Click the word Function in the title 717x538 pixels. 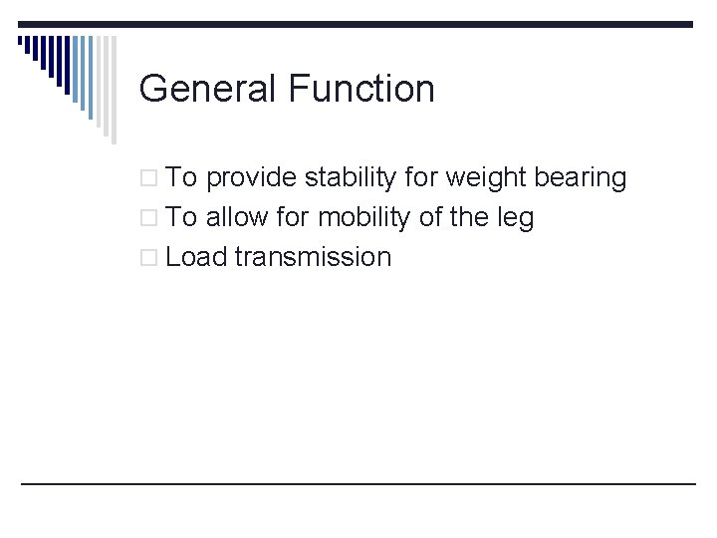coord(361,89)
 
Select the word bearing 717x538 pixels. coord(581,178)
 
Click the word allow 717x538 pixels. coord(237,217)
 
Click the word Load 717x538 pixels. coord(196,257)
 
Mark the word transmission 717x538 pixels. coord(313,257)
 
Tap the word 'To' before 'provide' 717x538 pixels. coord(182,178)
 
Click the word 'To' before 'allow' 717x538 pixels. coord(182,217)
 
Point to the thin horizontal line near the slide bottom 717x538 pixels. coord(358,483)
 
